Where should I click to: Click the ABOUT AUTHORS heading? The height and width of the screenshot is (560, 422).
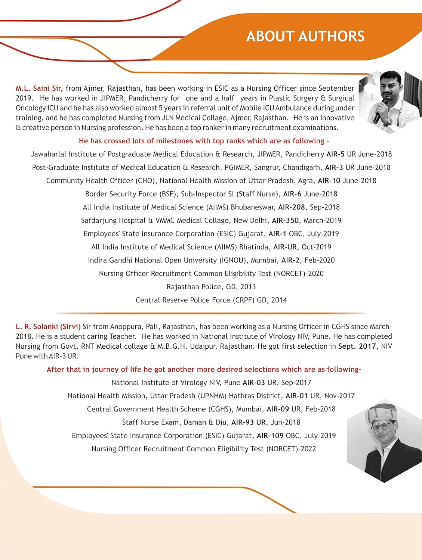[305, 36]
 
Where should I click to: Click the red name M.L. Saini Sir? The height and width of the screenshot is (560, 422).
[39, 88]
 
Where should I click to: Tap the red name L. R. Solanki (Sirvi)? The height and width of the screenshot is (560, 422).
[48, 327]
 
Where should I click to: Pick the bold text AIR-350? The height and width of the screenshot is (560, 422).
[285, 221]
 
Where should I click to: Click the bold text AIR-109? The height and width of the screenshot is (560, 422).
[270, 436]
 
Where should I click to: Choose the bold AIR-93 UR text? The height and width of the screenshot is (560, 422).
[249, 423]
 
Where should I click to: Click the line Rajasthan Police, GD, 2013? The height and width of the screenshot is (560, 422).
[211, 287]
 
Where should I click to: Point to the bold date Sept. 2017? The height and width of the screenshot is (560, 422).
[357, 346]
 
